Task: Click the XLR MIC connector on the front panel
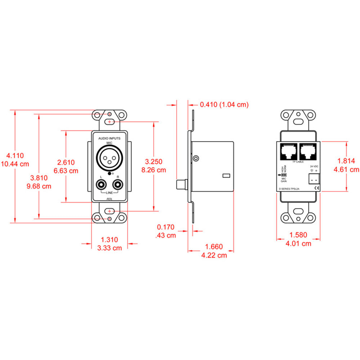click(x=109, y=159)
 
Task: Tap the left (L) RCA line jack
click(x=102, y=185)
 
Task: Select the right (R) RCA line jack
click(x=118, y=185)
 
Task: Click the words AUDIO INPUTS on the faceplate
click(x=109, y=138)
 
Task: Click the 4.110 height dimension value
click(x=15, y=156)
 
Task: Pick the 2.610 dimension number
click(x=66, y=162)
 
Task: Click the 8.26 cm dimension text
click(x=154, y=170)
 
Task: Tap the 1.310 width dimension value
click(x=109, y=239)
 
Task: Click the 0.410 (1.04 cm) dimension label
click(x=224, y=105)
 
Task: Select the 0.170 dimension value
click(x=166, y=227)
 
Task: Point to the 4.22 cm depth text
click(x=214, y=255)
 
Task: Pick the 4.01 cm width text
click(x=298, y=244)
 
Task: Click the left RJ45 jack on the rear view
click(x=288, y=151)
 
